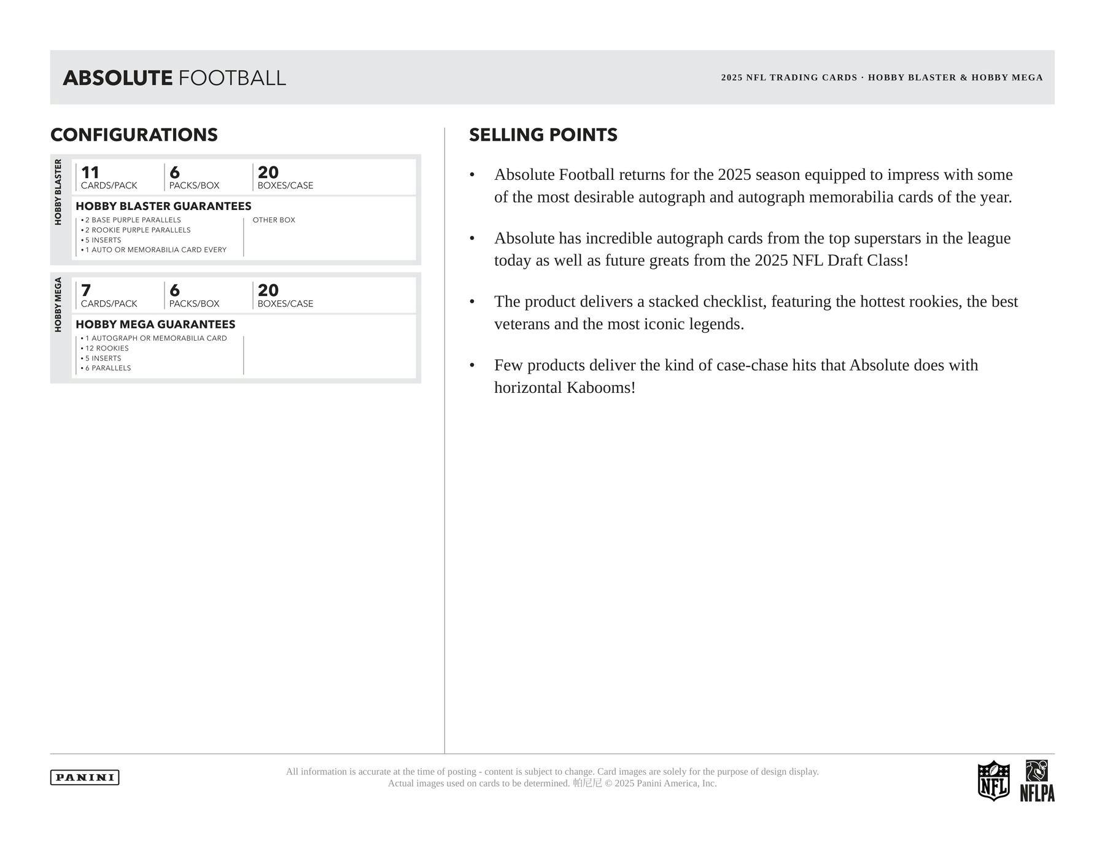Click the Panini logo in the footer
tap(84, 777)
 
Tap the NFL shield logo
tap(993, 780)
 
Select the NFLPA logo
tap(1037, 781)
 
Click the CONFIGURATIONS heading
tap(134, 135)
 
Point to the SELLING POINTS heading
tap(543, 135)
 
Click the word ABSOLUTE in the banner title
tap(117, 78)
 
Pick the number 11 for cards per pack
tap(90, 173)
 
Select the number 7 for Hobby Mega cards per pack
tap(86, 290)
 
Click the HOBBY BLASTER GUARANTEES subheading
tap(163, 206)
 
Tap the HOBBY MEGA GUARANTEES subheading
tap(155, 324)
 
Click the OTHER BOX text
tap(274, 220)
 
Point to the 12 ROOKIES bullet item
tap(106, 348)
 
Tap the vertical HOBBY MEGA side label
tap(58, 305)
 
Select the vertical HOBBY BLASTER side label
tap(58, 192)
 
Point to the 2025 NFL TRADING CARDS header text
tap(789, 77)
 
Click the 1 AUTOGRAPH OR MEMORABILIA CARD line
tap(155, 338)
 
